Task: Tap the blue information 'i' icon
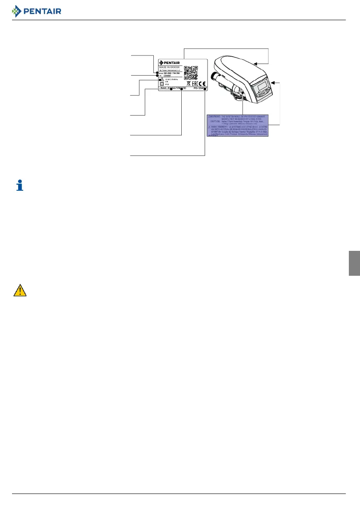(x=19, y=186)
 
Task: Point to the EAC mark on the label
(x=193, y=84)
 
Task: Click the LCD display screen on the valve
(x=261, y=88)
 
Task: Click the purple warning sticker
(x=238, y=125)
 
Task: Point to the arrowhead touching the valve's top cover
(x=255, y=64)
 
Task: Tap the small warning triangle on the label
(x=162, y=80)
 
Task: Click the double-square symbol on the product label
(x=162, y=84)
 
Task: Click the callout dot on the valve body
(x=243, y=92)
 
